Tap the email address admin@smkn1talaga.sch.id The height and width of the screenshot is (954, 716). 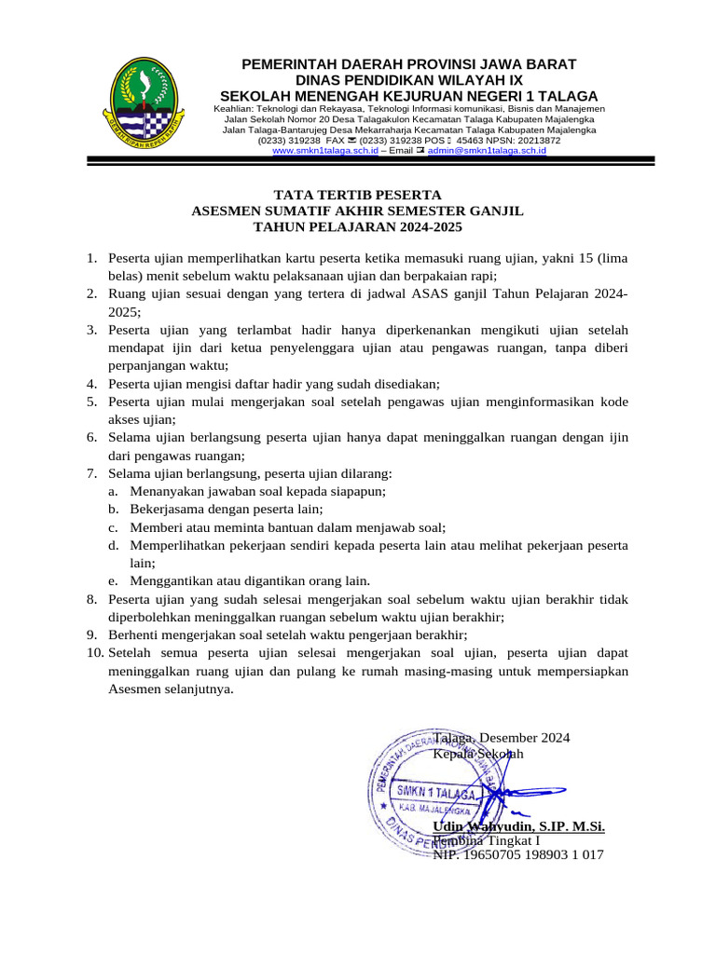487,150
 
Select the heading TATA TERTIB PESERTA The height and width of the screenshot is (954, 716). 357,195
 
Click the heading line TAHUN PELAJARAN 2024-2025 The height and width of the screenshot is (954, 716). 357,226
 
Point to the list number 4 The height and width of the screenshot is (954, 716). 91,384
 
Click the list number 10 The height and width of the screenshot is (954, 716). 94,654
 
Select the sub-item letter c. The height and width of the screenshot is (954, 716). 111,527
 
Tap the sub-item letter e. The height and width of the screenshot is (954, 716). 111,581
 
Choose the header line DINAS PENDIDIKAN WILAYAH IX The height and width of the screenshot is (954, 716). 408,80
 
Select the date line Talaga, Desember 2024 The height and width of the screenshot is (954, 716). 501,738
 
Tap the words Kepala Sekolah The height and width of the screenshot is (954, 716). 478,753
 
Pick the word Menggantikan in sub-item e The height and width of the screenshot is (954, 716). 172,581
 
